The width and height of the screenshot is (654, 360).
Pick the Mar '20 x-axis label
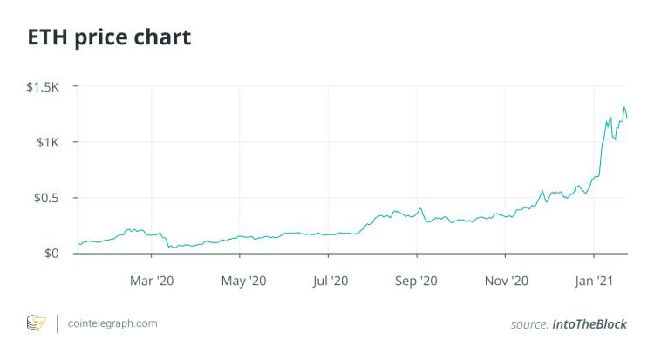152,281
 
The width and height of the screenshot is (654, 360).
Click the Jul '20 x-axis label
329,281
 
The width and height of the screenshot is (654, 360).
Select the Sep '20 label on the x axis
417,281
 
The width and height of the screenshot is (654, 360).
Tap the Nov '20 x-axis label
506,281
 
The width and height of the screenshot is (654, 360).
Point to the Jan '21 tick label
594,281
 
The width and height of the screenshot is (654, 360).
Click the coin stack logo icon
36,323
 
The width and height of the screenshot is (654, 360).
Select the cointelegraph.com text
112,323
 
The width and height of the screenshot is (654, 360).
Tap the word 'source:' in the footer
529,324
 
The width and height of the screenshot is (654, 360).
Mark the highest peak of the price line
623,108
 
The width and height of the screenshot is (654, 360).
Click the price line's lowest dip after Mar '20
171,248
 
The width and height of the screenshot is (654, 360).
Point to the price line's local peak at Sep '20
419,208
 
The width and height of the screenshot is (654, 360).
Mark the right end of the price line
627,119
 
